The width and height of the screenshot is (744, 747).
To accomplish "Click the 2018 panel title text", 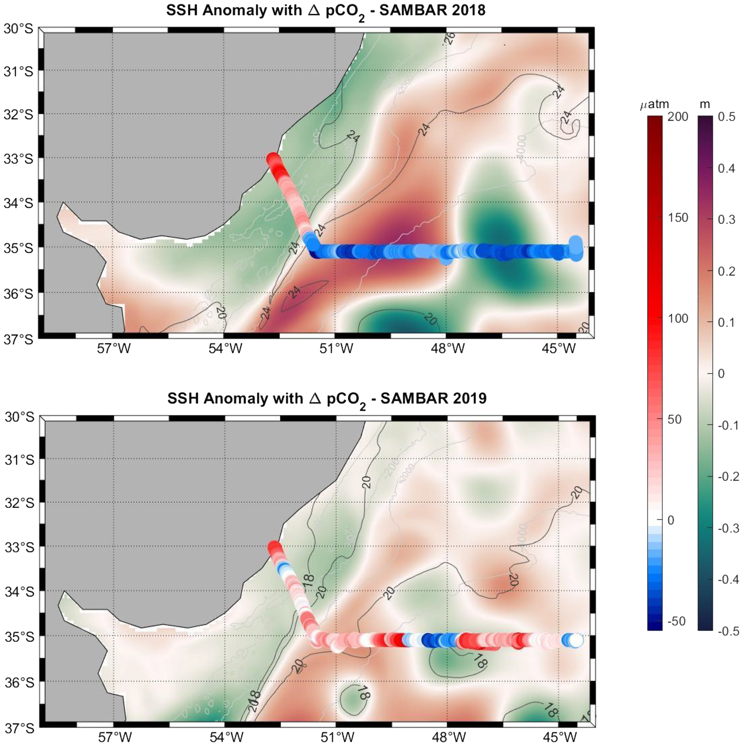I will tap(326, 11).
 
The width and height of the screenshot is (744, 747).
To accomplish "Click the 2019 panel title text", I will tap(327, 399).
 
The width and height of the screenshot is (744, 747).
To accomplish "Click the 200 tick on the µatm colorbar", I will tap(678, 117).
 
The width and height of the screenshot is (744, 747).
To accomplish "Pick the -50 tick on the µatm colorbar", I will tap(677, 621).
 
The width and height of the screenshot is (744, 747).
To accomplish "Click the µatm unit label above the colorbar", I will tap(654, 104).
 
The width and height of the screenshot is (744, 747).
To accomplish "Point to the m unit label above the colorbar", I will tap(705, 104).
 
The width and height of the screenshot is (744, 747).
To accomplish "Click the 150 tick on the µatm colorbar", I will tap(678, 218).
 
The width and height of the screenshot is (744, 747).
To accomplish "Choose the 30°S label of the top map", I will tap(19, 29).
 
